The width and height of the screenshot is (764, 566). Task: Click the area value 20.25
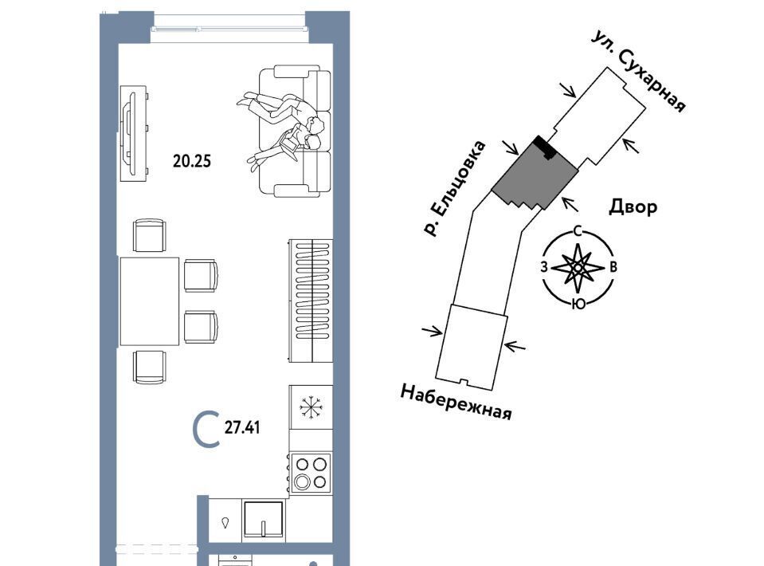tap(196, 160)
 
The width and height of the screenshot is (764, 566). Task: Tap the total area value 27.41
tap(242, 428)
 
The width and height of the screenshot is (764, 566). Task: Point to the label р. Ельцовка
tap(456, 189)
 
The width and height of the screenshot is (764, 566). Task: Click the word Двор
tap(633, 206)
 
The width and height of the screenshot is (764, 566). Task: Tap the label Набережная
tap(456, 401)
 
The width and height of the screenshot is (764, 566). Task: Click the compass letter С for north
tap(577, 231)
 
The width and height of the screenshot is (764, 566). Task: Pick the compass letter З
tap(544, 268)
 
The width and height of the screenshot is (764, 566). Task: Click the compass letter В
tap(612, 268)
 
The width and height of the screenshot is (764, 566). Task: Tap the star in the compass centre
tap(577, 268)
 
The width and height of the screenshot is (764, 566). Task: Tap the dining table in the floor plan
tap(149, 301)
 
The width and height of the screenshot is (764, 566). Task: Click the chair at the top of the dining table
tap(151, 236)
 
